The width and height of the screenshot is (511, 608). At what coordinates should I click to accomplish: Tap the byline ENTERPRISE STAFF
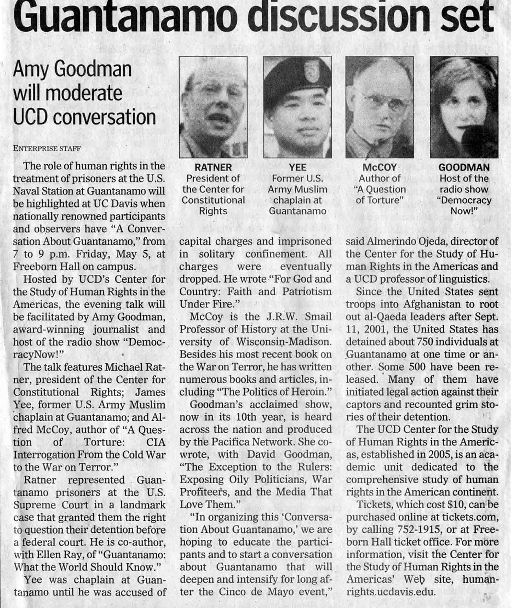pyautogui.click(x=47, y=149)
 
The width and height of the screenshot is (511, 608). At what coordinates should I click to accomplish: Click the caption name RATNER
pyautogui.click(x=213, y=167)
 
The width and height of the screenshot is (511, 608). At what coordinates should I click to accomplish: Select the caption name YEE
pyautogui.click(x=297, y=167)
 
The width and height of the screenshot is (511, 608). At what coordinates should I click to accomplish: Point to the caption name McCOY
pyautogui.click(x=380, y=167)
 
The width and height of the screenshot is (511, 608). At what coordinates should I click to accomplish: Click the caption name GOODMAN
pyautogui.click(x=464, y=167)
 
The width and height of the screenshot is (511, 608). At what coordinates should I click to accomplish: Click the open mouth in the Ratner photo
pyautogui.click(x=218, y=119)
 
